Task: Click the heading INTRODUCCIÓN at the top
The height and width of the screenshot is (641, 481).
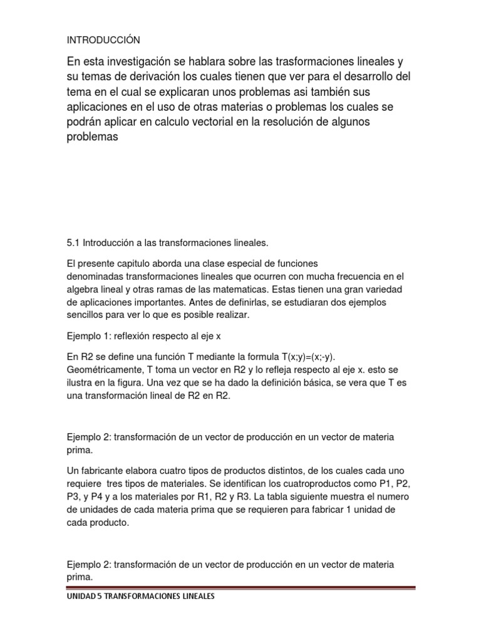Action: (x=103, y=40)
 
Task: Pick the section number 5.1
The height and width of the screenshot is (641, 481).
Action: (x=73, y=242)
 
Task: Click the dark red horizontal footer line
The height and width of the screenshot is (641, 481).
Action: (x=240, y=588)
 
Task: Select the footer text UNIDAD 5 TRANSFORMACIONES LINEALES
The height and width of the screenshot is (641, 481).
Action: (x=141, y=597)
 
